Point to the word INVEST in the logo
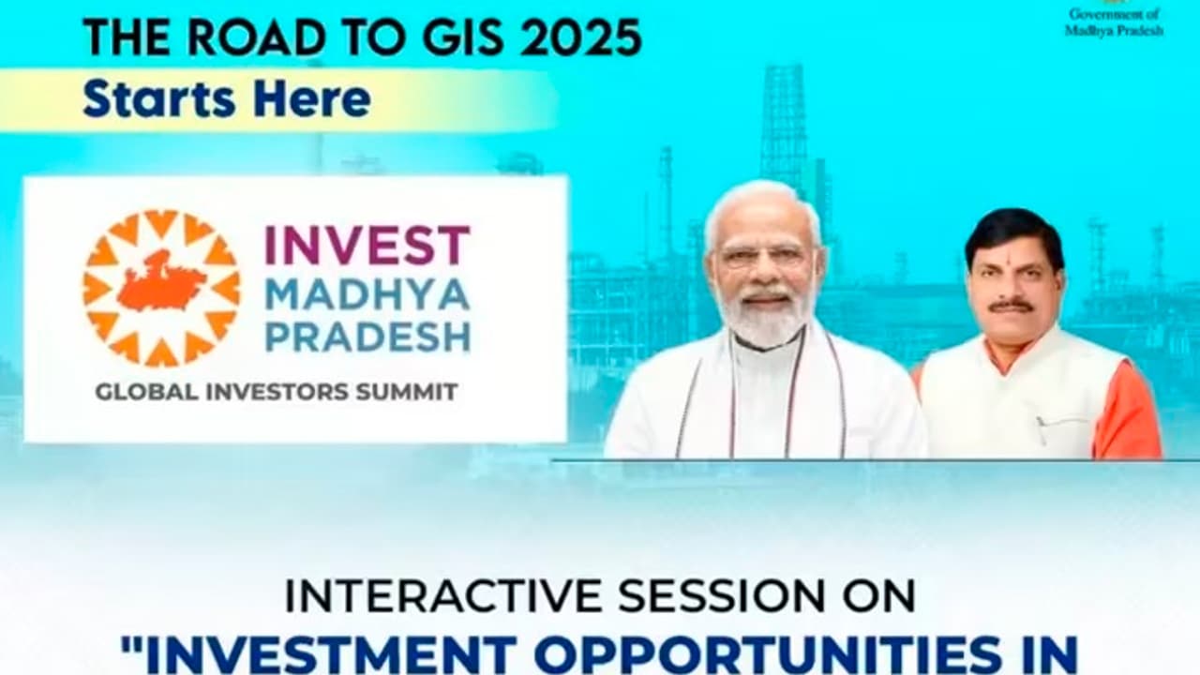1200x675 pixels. (367, 246)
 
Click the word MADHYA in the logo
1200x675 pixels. (367, 295)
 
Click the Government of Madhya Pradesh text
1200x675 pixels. (1114, 22)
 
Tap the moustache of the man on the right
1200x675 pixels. (1011, 305)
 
